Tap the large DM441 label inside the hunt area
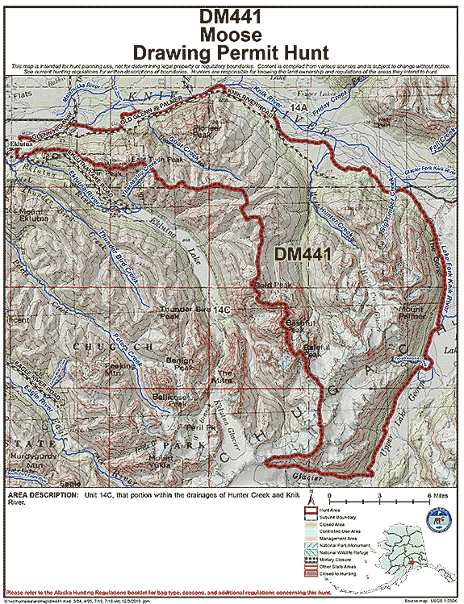pyautogui.click(x=304, y=253)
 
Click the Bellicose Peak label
pyautogui.click(x=167, y=400)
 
